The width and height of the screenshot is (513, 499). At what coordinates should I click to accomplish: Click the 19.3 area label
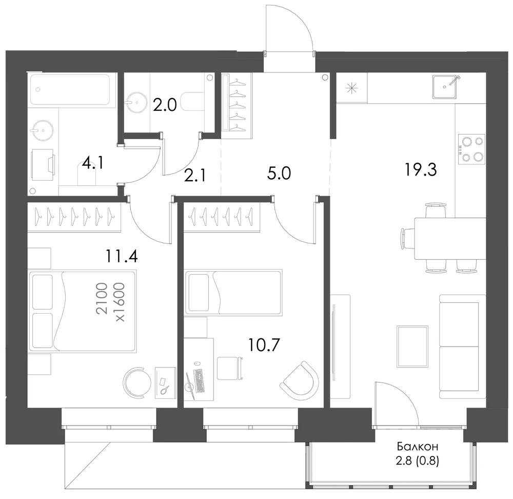421,170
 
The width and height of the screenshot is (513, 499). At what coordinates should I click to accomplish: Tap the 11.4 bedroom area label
122,256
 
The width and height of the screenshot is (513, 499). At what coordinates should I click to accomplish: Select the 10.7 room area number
264,345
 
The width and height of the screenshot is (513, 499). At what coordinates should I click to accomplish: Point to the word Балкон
418,446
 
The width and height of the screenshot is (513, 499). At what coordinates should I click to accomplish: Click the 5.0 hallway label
279,173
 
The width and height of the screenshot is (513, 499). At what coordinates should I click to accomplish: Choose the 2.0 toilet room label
165,105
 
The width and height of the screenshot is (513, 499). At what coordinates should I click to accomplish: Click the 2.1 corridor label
195,176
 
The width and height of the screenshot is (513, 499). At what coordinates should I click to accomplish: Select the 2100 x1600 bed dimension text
111,302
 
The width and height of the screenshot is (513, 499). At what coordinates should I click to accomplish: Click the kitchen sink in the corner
444,87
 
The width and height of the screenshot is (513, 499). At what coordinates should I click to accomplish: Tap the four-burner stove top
471,149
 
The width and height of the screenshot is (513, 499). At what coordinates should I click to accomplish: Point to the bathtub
70,89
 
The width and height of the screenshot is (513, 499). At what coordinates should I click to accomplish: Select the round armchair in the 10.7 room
300,379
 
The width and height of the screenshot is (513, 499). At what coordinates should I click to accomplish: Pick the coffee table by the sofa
412,347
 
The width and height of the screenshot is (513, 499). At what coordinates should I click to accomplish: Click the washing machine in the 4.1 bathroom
43,166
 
